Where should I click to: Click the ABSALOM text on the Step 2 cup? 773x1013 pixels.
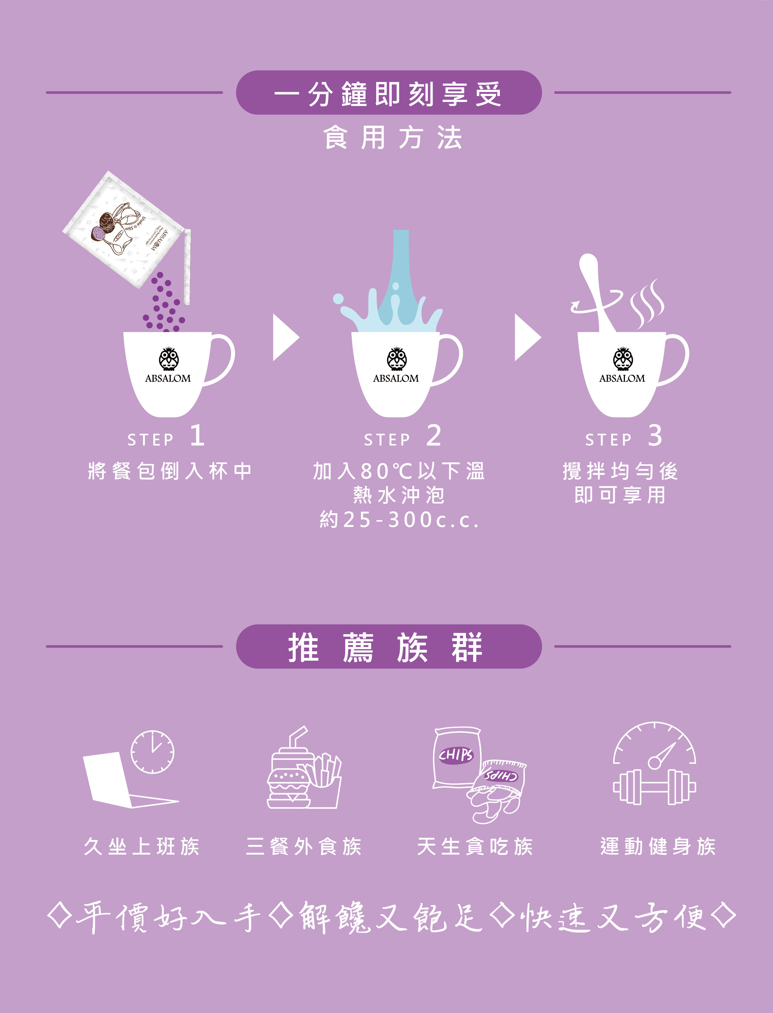tap(396, 378)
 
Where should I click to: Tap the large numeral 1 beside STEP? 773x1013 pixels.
tap(197, 435)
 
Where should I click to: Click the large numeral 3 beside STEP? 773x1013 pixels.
tap(655, 435)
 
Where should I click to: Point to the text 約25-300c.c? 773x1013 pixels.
tap(399, 520)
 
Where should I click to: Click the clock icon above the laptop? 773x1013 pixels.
tap(152, 752)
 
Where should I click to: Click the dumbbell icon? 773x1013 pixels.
tap(654, 787)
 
